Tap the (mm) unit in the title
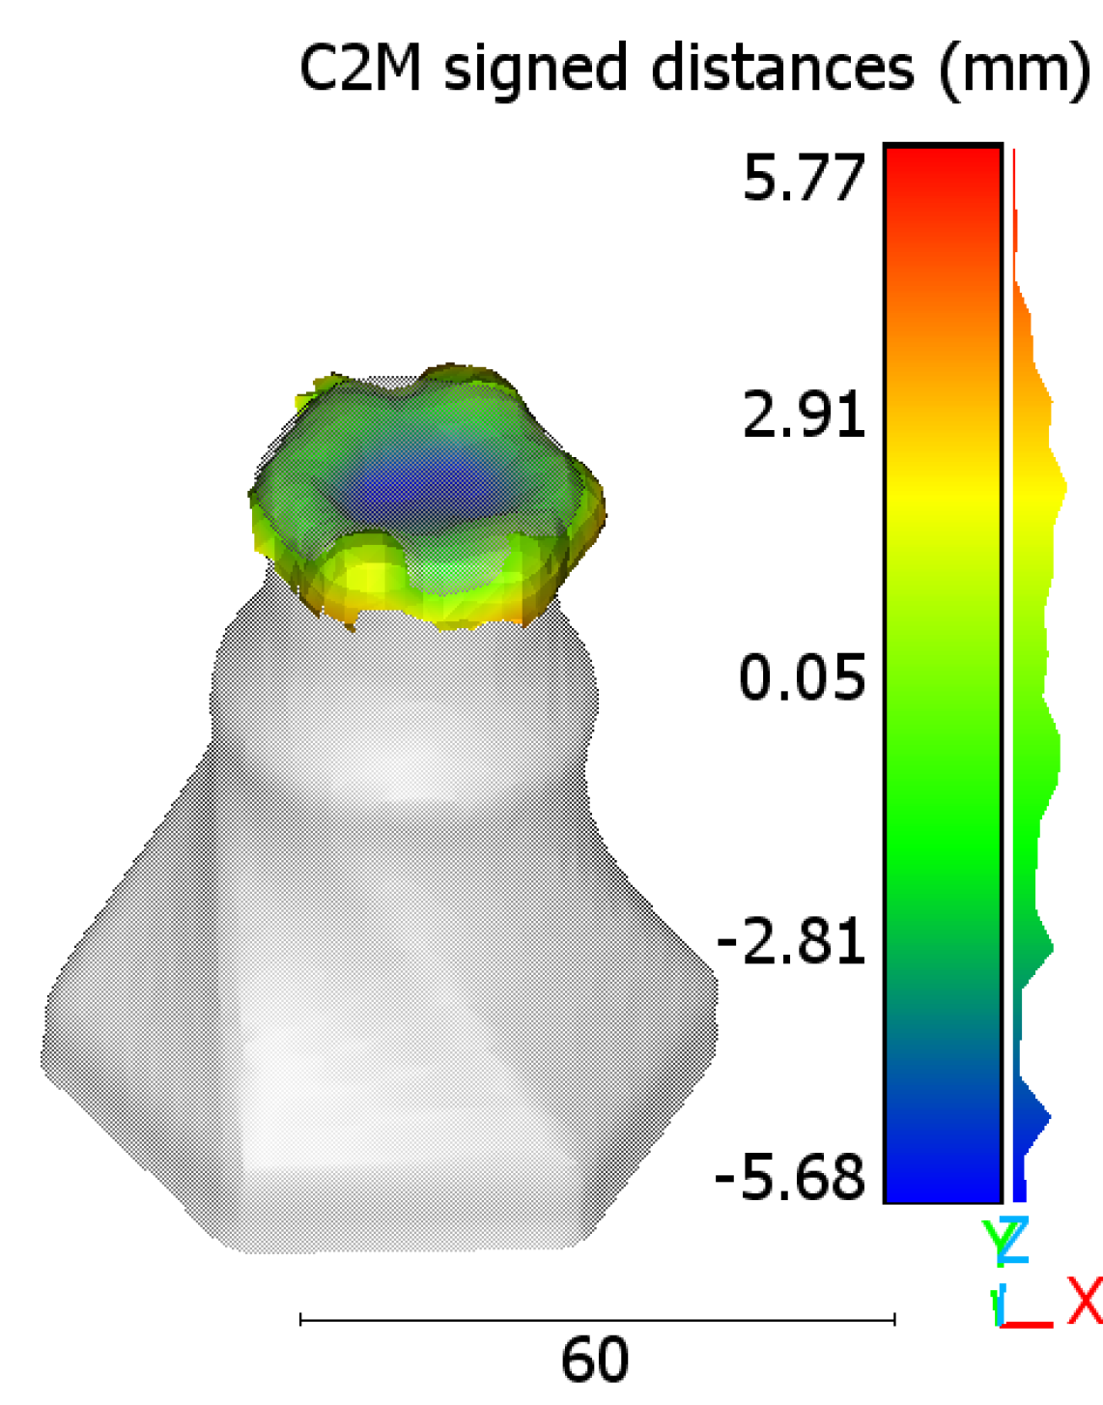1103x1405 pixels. pyautogui.click(x=1013, y=72)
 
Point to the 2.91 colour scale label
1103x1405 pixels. pyautogui.click(x=804, y=414)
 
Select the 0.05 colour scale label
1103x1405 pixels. pyautogui.click(x=802, y=677)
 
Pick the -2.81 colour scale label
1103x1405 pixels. pyautogui.click(x=791, y=940)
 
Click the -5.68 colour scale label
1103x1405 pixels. pyautogui.click(x=790, y=1177)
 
